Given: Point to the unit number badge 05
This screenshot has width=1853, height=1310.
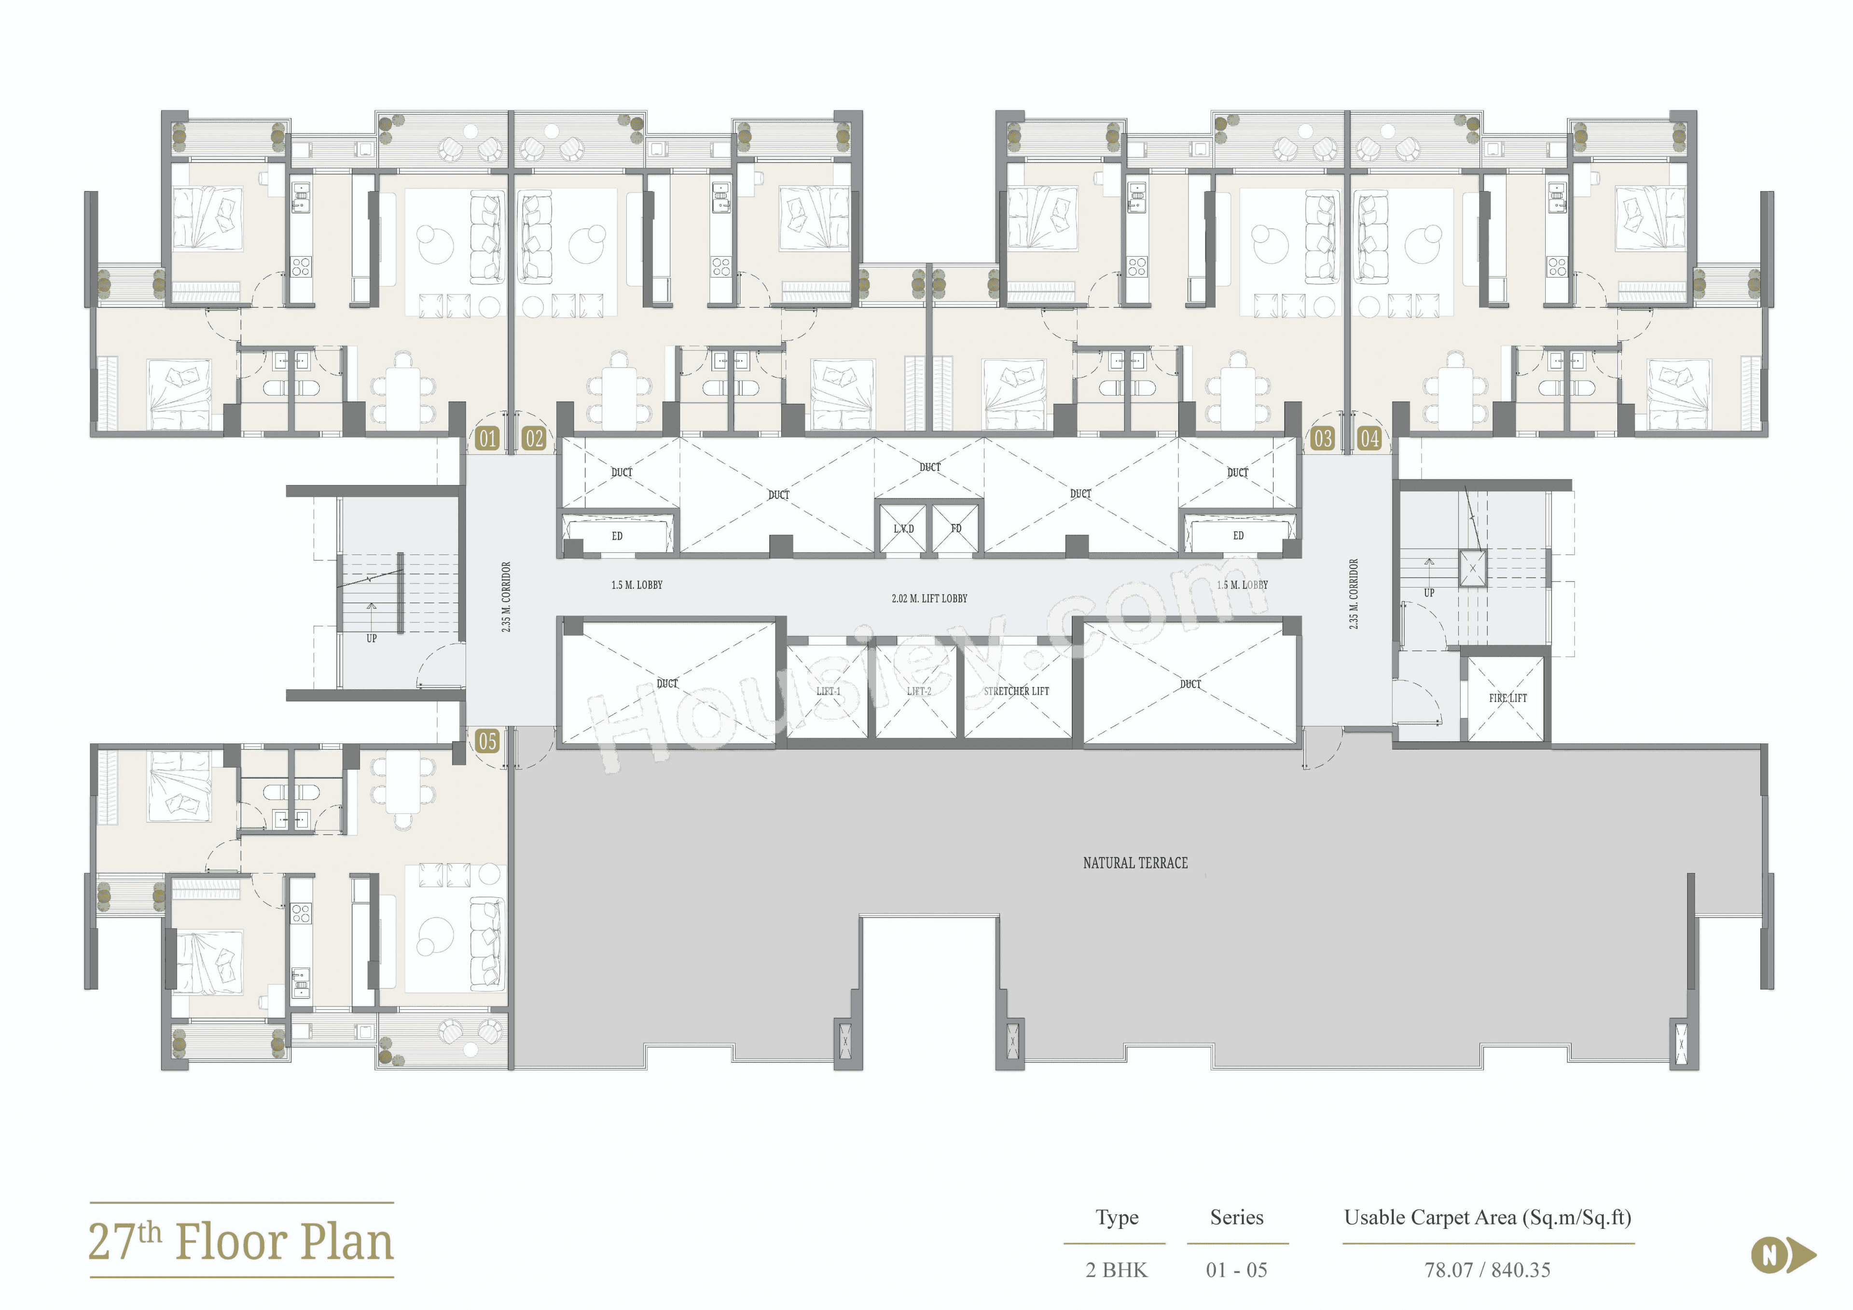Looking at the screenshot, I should coord(487,741).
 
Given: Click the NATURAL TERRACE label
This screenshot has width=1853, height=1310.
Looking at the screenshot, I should coord(1134,863).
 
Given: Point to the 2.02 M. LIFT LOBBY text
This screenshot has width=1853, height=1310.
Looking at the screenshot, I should coord(929,598).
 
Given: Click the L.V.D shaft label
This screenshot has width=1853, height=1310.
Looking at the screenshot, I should coord(903,529).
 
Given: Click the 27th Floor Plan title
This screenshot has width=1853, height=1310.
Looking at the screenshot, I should coord(240,1241).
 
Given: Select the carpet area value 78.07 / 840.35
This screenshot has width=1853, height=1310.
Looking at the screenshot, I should coord(1487,1269).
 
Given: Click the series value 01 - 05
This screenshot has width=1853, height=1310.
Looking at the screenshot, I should coord(1236,1269).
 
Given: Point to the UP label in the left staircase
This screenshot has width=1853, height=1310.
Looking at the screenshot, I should coord(371,638).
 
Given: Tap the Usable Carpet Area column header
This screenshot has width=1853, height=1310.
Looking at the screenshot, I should coord(1487,1217).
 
